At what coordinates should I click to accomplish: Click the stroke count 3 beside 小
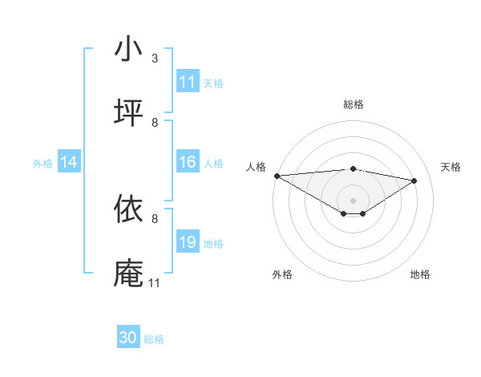pyautogui.click(x=155, y=59)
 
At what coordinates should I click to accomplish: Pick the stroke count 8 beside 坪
pyautogui.click(x=155, y=123)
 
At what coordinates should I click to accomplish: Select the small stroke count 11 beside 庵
pyautogui.click(x=155, y=283)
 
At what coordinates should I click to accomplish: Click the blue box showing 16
pyautogui.click(x=188, y=163)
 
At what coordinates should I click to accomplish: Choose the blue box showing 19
pyautogui.click(x=188, y=242)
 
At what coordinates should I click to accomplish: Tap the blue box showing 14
pyautogui.click(x=69, y=163)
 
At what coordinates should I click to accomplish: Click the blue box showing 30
pyautogui.click(x=128, y=338)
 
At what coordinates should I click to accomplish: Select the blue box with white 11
pyautogui.click(x=188, y=82)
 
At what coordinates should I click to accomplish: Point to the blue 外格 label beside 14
pyautogui.click(x=42, y=164)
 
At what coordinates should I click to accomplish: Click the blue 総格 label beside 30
pyautogui.click(x=154, y=339)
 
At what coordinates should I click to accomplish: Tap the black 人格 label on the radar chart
pyautogui.click(x=256, y=167)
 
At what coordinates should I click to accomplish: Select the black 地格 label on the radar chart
pyautogui.click(x=420, y=274)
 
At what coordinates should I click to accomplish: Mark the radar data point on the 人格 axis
pyautogui.click(x=277, y=176)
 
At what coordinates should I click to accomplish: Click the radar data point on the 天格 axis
pyautogui.click(x=414, y=180)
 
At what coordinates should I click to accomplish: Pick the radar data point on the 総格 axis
pyautogui.click(x=353, y=168)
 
